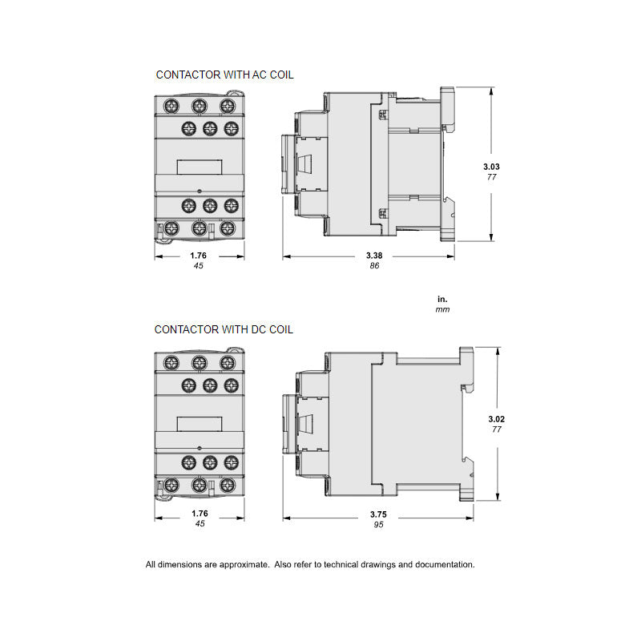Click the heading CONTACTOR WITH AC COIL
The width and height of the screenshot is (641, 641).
[x=224, y=75]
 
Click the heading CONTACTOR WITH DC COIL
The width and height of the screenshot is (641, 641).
[x=224, y=329]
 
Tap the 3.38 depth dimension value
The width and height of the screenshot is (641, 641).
[x=373, y=256]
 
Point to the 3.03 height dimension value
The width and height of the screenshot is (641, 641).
[x=491, y=167]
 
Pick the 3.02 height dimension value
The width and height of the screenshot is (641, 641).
[x=496, y=419]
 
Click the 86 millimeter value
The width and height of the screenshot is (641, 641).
[x=373, y=266]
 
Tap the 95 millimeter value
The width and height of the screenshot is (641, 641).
[x=377, y=526]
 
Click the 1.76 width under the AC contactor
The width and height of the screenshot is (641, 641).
[x=199, y=256]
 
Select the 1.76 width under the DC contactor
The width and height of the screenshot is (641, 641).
[x=199, y=514]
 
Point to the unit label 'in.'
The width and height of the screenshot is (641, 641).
[x=443, y=298]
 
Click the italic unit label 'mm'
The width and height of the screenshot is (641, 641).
[x=443, y=309]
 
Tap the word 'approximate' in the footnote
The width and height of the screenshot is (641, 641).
[x=244, y=564]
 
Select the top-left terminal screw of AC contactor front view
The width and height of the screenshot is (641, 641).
[x=170, y=105]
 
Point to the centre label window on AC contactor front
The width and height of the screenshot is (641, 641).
[x=199, y=166]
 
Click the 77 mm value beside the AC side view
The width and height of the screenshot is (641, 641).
[x=492, y=177]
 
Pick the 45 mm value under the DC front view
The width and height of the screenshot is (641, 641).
[x=199, y=524]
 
